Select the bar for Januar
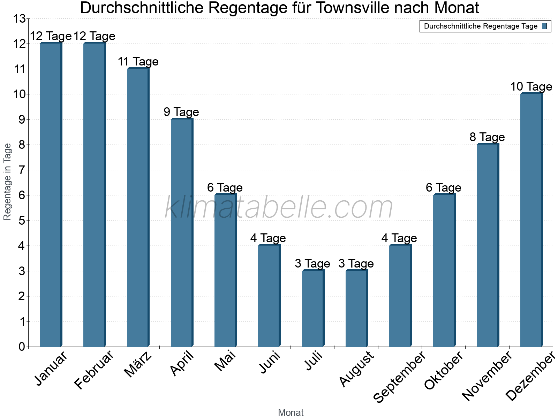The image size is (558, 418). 51,195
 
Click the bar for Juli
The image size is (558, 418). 313,308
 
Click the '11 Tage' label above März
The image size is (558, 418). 138,62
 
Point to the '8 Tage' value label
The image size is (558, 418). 487,137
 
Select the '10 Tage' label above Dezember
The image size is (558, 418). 531,87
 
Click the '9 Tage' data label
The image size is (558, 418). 181,112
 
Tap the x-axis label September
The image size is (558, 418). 400,377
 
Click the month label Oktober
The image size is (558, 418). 444,371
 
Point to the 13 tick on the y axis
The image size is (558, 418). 19,19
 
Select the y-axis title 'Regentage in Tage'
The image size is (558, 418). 7,182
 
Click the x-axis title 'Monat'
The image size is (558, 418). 291,413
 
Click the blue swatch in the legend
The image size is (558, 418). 544,26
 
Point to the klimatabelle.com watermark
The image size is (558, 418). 279,208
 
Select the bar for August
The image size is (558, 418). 356,308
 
